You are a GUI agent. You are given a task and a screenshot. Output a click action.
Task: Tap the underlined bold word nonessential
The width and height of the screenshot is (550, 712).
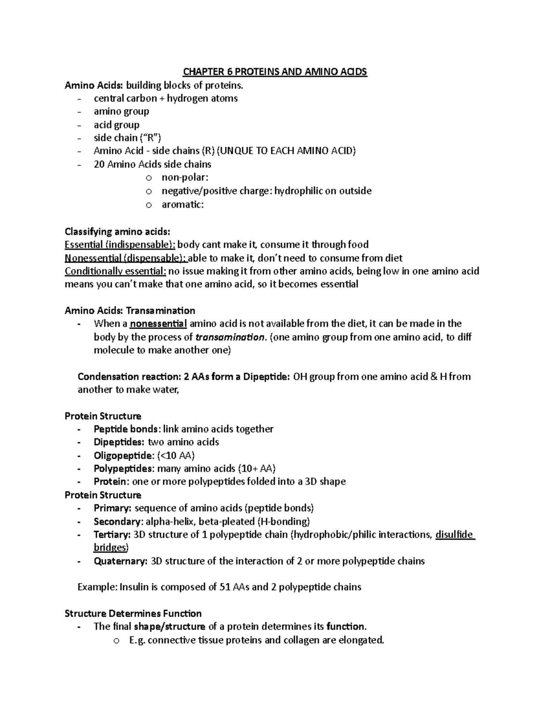coord(158,324)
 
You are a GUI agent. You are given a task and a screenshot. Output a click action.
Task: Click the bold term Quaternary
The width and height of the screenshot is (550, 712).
coord(121,561)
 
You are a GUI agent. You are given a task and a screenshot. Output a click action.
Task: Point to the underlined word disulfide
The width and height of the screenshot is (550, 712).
coord(454,535)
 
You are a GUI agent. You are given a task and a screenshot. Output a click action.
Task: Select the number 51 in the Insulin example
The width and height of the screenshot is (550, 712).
coord(225,587)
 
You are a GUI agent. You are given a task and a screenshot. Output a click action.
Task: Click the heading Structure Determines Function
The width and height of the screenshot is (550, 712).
coord(133,613)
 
